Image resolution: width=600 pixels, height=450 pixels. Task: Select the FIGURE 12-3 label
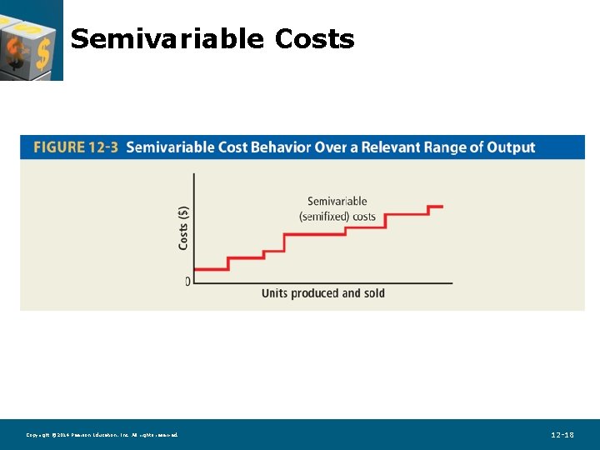click(76, 147)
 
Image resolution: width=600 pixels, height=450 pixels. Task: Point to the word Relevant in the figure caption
click(386, 147)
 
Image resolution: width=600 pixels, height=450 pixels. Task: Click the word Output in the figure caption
click(511, 147)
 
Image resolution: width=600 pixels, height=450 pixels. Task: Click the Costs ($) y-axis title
click(183, 227)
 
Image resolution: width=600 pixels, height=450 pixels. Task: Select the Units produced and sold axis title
click(323, 293)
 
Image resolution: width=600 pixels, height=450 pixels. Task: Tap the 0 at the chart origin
click(187, 282)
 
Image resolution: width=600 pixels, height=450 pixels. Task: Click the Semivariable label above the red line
click(337, 201)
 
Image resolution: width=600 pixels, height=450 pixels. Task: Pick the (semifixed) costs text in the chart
click(337, 217)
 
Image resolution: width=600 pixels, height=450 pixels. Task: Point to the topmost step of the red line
click(435, 206)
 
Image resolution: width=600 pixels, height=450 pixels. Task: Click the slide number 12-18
click(562, 435)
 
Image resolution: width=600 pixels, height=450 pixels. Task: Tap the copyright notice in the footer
click(102, 435)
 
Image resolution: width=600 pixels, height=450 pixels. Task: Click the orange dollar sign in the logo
click(42, 52)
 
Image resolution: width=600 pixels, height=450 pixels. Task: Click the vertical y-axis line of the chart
click(194, 225)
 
